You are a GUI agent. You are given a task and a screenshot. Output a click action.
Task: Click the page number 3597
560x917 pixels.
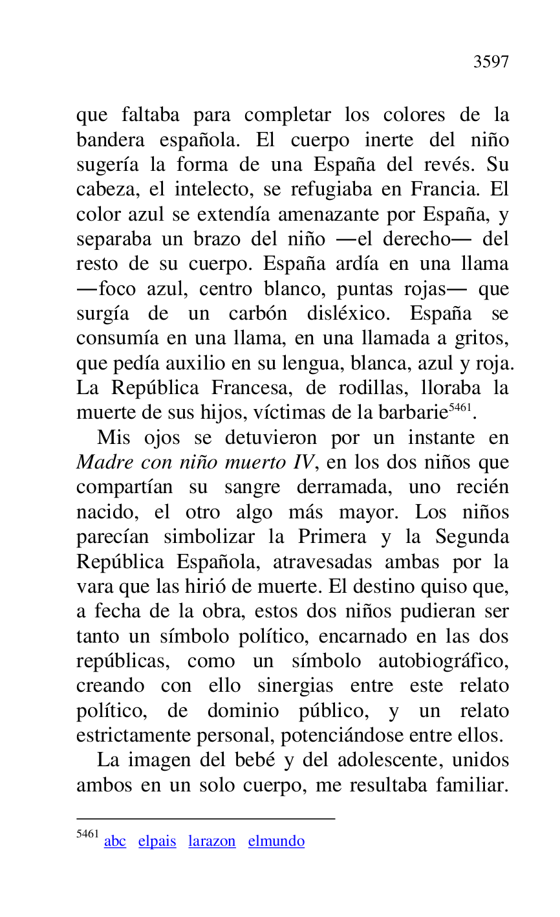click(x=491, y=62)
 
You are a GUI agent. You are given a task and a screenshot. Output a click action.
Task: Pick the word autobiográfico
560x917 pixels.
click(x=444, y=661)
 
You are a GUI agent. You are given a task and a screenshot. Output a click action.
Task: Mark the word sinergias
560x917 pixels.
click(x=296, y=686)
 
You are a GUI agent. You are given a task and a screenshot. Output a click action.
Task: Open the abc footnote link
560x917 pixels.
click(x=115, y=841)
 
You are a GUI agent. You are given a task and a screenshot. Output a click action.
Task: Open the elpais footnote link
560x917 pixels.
click(x=157, y=841)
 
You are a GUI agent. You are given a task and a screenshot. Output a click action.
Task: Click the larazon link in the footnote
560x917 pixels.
click(x=212, y=841)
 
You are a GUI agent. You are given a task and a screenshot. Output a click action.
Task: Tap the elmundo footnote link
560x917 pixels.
click(x=276, y=841)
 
